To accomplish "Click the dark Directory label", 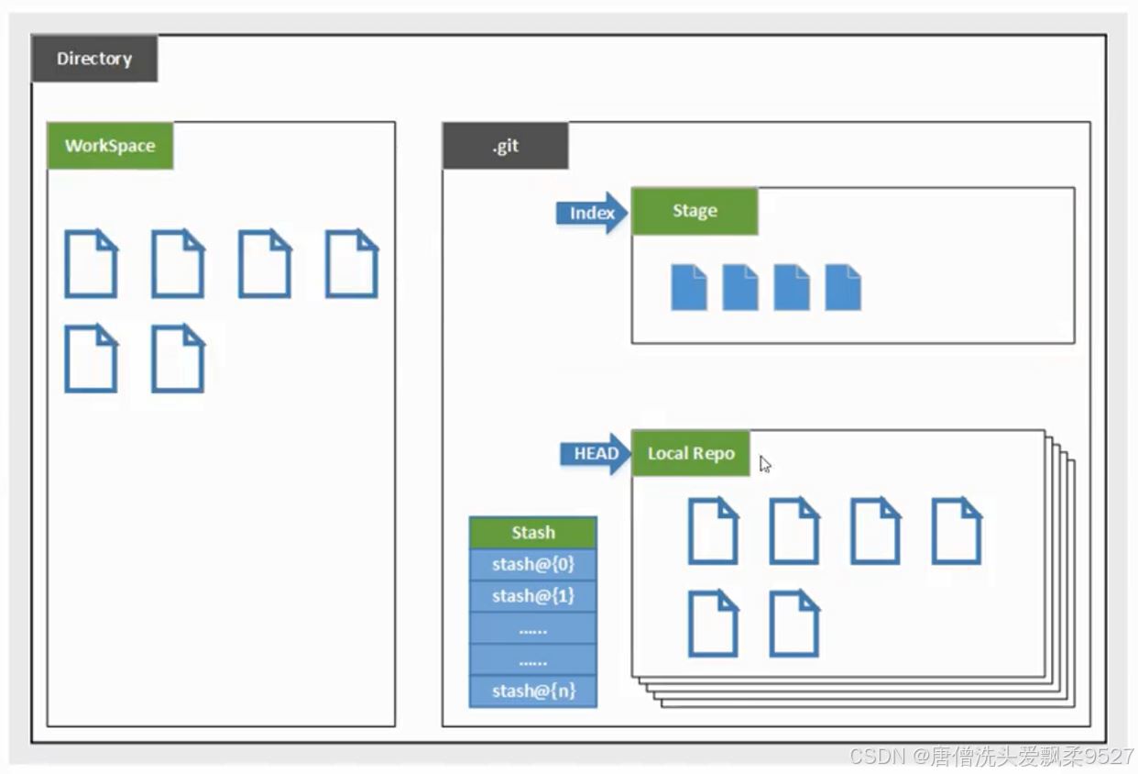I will click(x=94, y=59).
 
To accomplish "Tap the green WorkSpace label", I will click(x=110, y=146).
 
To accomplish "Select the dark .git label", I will click(x=505, y=146).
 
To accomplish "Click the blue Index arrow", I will click(x=591, y=213).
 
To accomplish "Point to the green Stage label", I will click(x=695, y=211).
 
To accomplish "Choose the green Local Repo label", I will click(x=691, y=453).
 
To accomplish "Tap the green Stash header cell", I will click(x=532, y=533).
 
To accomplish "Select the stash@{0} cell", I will click(x=532, y=564).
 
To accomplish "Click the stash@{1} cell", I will click(x=532, y=596).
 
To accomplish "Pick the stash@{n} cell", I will click(x=532, y=691).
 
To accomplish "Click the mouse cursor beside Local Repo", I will click(x=764, y=464).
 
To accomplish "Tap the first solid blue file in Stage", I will click(x=689, y=287).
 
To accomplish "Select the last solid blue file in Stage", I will click(x=843, y=287).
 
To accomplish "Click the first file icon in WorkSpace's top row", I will click(x=91, y=264).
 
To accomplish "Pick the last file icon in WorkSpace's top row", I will click(x=352, y=264).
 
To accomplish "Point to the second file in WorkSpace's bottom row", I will click(x=178, y=359).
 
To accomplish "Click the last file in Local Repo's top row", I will click(x=957, y=531).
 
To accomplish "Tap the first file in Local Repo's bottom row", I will click(x=713, y=624).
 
